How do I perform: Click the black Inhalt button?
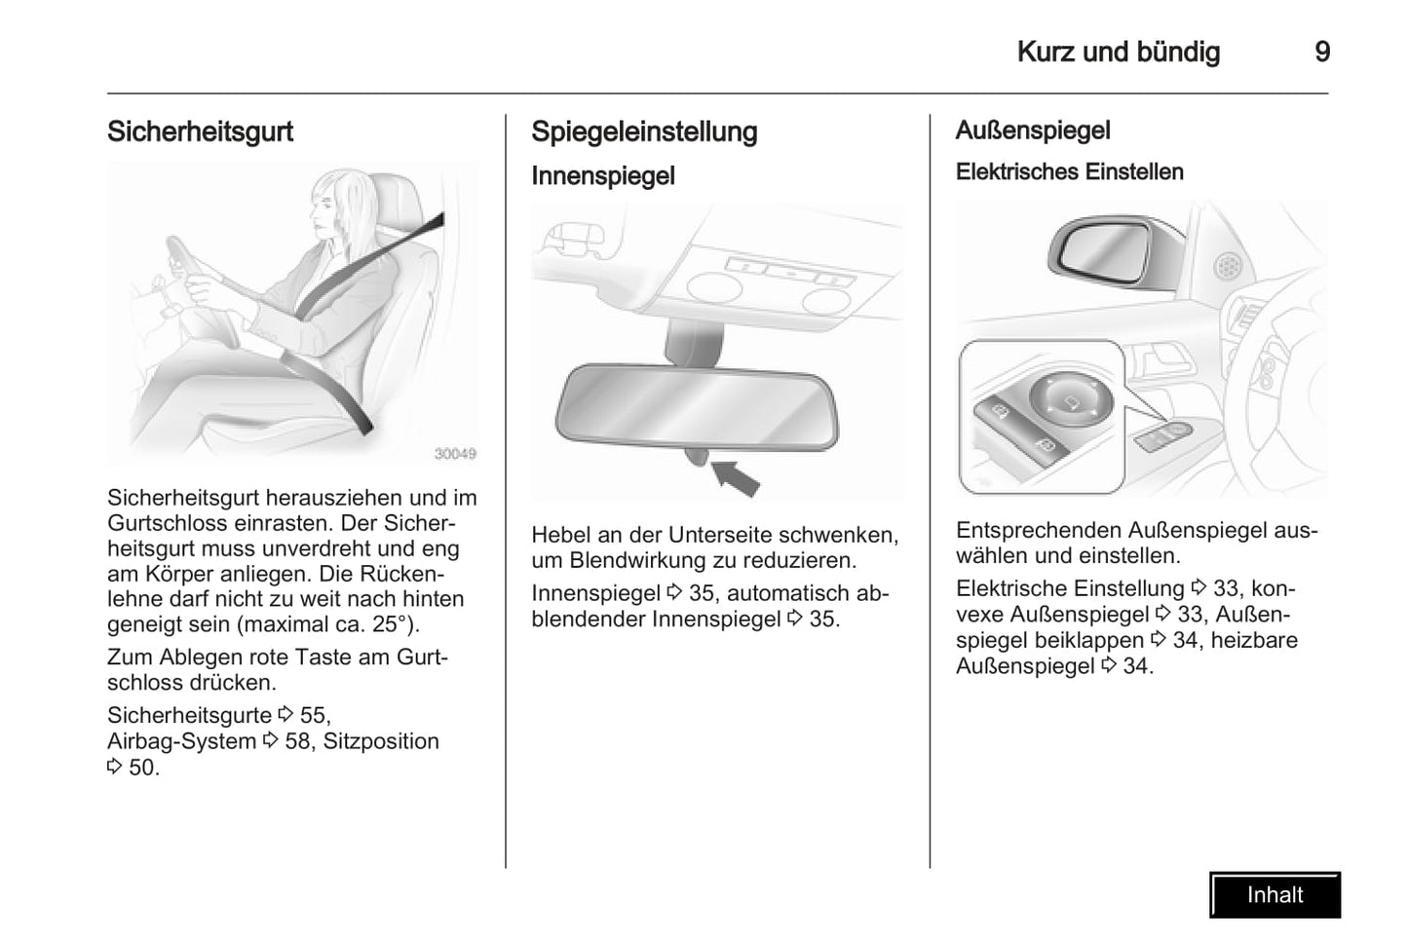(1275, 894)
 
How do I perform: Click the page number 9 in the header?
(1322, 52)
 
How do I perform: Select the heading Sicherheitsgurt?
(200, 132)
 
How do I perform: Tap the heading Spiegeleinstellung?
(644, 132)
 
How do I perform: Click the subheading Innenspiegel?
(603, 176)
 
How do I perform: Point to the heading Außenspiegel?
(1033, 131)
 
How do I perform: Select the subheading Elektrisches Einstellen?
(1069, 171)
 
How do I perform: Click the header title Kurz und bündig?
(1119, 53)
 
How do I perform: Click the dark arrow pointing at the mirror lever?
(736, 477)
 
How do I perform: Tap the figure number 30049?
(455, 453)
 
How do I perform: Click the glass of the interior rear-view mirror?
(697, 408)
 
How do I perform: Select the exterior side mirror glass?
(1106, 250)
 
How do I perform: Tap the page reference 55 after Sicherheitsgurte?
(313, 715)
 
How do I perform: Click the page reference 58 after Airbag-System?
(298, 741)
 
